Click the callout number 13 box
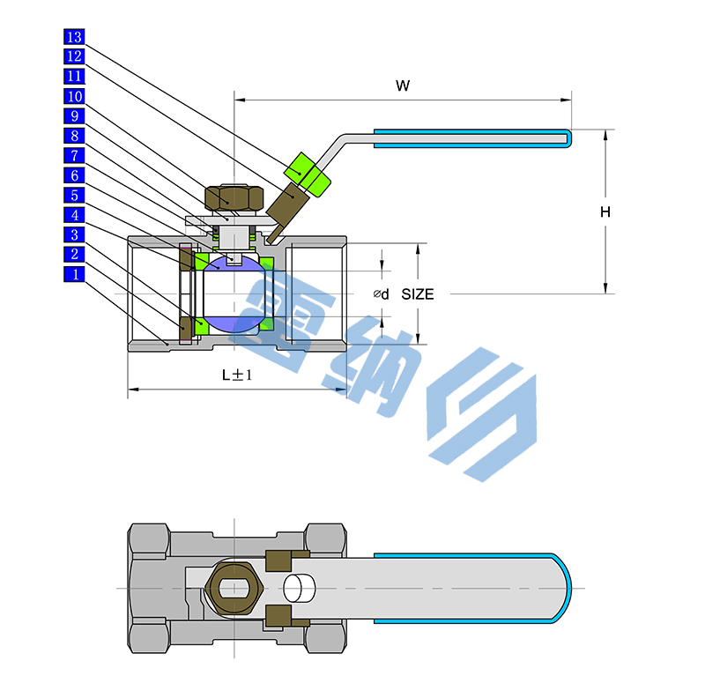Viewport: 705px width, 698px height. click(x=74, y=37)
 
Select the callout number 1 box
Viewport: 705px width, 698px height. click(x=74, y=274)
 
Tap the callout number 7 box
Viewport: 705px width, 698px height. click(x=74, y=155)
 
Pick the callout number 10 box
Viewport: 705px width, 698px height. click(x=74, y=96)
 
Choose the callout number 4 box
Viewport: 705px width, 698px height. click(x=74, y=214)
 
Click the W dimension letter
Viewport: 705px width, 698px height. click(x=403, y=85)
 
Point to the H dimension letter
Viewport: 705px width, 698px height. click(x=605, y=212)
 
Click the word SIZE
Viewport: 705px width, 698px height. click(x=418, y=294)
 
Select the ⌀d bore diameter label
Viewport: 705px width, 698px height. click(x=381, y=294)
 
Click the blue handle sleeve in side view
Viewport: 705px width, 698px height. click(x=471, y=136)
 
